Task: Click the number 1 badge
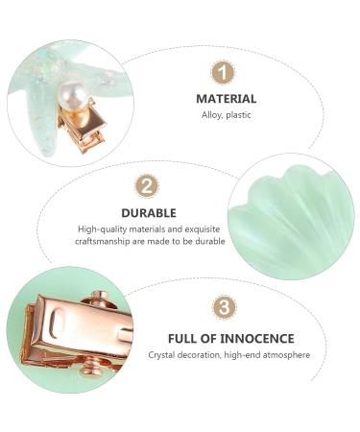[223, 72]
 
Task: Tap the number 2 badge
[147, 186]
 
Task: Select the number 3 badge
[225, 307]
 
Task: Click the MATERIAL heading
[227, 99]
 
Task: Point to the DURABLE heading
[149, 213]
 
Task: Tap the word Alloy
[211, 115]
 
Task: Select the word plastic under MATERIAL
[238, 115]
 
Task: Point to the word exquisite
[203, 229]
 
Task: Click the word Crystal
[161, 355]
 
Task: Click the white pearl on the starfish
[72, 94]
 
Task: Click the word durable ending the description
[210, 241]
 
